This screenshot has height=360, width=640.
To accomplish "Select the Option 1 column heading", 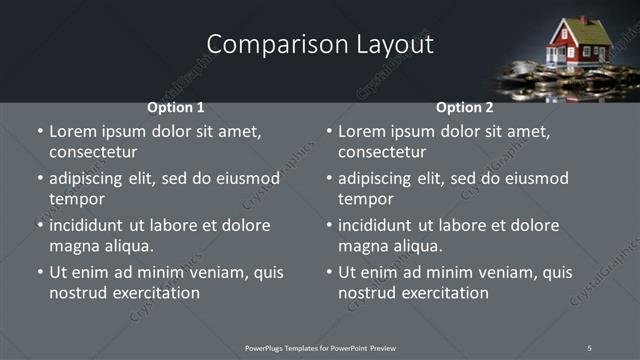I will (176, 107).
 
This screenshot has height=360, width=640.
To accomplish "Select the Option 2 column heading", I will (465, 107).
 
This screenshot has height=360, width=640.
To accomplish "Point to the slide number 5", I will (589, 347).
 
